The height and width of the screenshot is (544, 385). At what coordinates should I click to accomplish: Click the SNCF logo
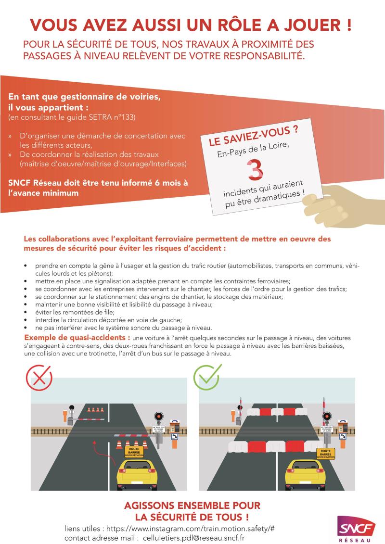(357, 529)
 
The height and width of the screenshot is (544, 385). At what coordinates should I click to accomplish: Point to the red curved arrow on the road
(99, 454)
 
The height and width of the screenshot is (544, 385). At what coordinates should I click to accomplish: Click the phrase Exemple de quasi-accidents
(77, 338)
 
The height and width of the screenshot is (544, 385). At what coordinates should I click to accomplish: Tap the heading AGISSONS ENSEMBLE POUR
(192, 506)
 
